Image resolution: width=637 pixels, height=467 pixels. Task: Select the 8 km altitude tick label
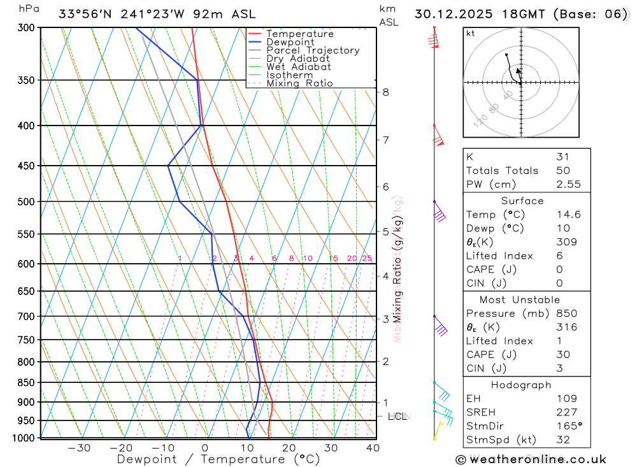point(386,92)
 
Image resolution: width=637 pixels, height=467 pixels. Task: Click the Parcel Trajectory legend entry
point(312,50)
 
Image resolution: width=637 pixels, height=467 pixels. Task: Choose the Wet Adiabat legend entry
point(299,67)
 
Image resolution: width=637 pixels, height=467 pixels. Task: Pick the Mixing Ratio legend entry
point(299,83)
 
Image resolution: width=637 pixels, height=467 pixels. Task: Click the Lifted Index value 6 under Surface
point(559,256)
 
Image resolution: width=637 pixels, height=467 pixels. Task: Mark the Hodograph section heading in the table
point(522,385)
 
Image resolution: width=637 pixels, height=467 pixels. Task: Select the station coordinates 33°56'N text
point(85,14)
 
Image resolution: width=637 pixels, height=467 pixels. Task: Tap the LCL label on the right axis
point(397,417)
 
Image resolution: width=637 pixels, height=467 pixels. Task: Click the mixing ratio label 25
point(367,258)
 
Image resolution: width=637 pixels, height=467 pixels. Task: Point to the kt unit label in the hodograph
point(471,33)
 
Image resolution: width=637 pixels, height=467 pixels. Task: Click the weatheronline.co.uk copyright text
point(531,459)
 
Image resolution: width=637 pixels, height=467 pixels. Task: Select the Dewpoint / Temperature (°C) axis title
point(218,459)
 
